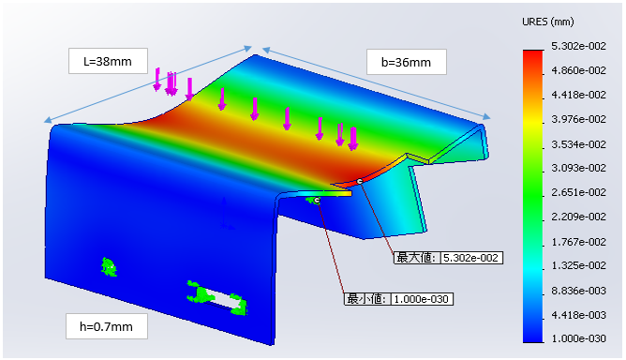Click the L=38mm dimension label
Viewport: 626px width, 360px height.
[108, 61]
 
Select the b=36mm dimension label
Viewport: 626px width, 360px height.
[406, 62]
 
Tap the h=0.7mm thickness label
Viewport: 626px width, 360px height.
[106, 326]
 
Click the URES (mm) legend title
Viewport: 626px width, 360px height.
[547, 22]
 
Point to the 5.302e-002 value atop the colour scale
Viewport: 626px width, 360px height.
[578, 46]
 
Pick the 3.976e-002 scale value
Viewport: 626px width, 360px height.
[578, 119]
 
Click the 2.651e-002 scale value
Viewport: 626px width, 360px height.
[578, 192]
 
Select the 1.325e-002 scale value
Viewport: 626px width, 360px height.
[578, 265]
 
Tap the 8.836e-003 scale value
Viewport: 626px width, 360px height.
[578, 291]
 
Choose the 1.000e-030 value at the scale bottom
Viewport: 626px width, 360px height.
[578, 338]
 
